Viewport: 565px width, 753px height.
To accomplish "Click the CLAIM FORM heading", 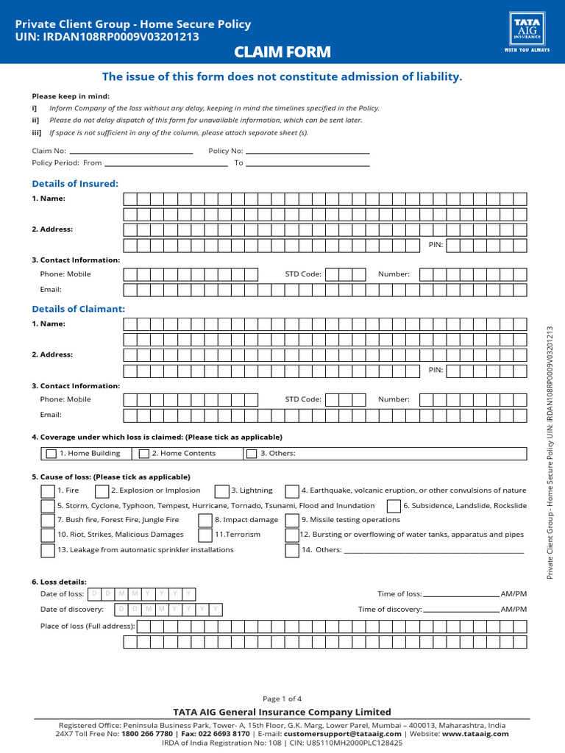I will click(x=282, y=52).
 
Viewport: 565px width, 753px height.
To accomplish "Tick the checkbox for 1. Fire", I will click(x=47, y=490).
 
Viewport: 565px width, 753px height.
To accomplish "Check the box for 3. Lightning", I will click(x=221, y=490).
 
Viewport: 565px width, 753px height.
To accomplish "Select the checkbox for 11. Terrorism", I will click(x=205, y=535).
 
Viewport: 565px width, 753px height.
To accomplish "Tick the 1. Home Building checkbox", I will click(x=51, y=454).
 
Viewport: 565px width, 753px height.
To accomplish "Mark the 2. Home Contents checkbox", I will click(x=144, y=454).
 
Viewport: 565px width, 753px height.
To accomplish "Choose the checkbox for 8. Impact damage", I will click(x=205, y=520).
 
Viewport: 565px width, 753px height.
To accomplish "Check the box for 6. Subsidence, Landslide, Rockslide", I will click(x=394, y=506).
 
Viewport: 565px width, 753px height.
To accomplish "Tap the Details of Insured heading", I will click(x=75, y=183).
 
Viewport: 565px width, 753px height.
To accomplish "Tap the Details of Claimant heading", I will click(x=79, y=309).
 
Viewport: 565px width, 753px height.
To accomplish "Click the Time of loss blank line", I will click(x=461, y=595).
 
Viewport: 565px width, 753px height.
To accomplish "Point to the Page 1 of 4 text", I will click(x=282, y=699).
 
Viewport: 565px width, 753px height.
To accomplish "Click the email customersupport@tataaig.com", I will click(x=342, y=733).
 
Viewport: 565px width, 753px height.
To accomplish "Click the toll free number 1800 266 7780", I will click(x=148, y=733).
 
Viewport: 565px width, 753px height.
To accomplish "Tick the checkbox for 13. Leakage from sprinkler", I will click(x=47, y=550).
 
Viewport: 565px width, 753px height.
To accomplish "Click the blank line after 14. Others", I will click(x=434, y=551).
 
